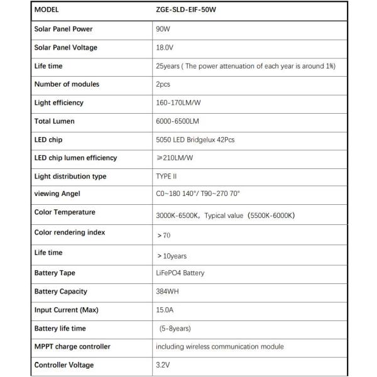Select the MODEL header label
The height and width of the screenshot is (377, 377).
pos(48,11)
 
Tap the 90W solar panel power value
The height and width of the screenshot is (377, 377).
pos(163,30)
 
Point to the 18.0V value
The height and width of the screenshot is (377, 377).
pos(164,48)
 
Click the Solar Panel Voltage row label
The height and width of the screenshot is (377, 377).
pos(66,48)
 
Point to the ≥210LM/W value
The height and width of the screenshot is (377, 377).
pos(174,158)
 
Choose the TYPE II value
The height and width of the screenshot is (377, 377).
pos(167,177)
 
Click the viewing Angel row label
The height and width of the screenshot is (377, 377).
pos(58,195)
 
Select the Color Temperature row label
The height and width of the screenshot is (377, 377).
pos(65,213)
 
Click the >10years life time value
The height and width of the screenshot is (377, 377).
pos(172,256)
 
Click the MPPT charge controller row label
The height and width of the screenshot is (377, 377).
pos(72,346)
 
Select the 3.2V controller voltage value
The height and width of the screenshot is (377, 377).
pos(163,365)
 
